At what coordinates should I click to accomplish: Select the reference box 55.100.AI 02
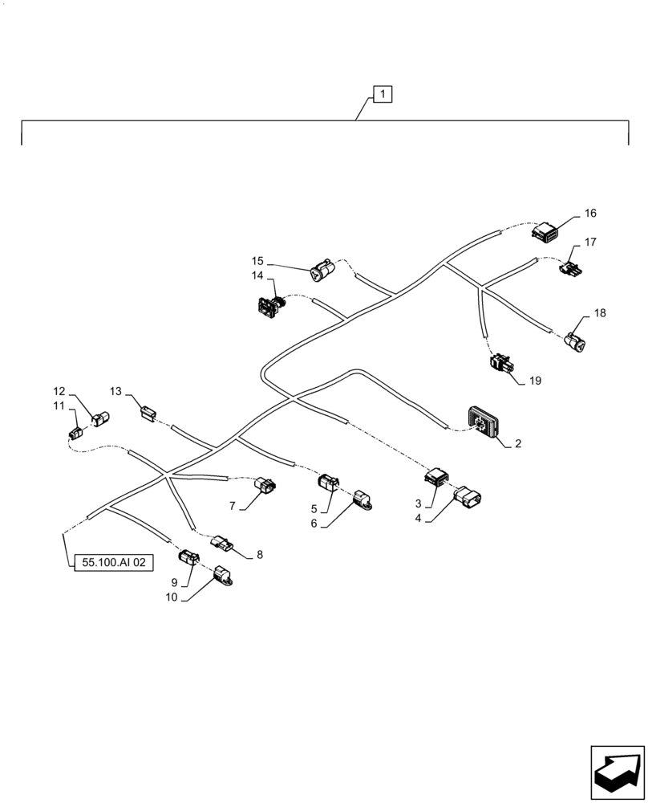pos(112,563)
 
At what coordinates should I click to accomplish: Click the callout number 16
pos(590,214)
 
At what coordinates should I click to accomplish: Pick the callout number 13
pos(116,391)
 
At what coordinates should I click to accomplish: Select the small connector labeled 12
pos(101,418)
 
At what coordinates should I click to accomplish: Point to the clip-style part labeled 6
pos(362,501)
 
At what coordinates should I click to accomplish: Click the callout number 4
pos(418,518)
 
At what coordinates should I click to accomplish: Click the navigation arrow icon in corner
pos(617,772)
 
